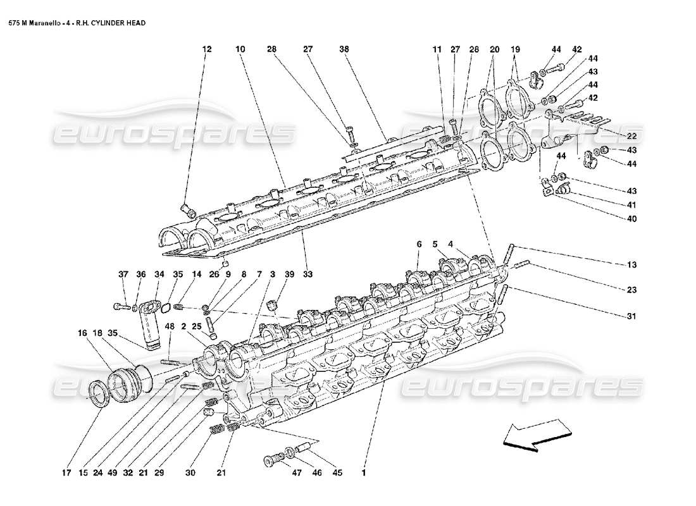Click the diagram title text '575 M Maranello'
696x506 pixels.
[32, 23]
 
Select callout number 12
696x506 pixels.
[205, 49]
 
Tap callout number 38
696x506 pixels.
[344, 49]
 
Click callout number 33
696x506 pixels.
[308, 275]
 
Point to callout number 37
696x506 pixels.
[123, 275]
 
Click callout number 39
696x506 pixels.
[289, 275]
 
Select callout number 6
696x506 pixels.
[419, 244]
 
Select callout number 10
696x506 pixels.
[239, 49]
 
